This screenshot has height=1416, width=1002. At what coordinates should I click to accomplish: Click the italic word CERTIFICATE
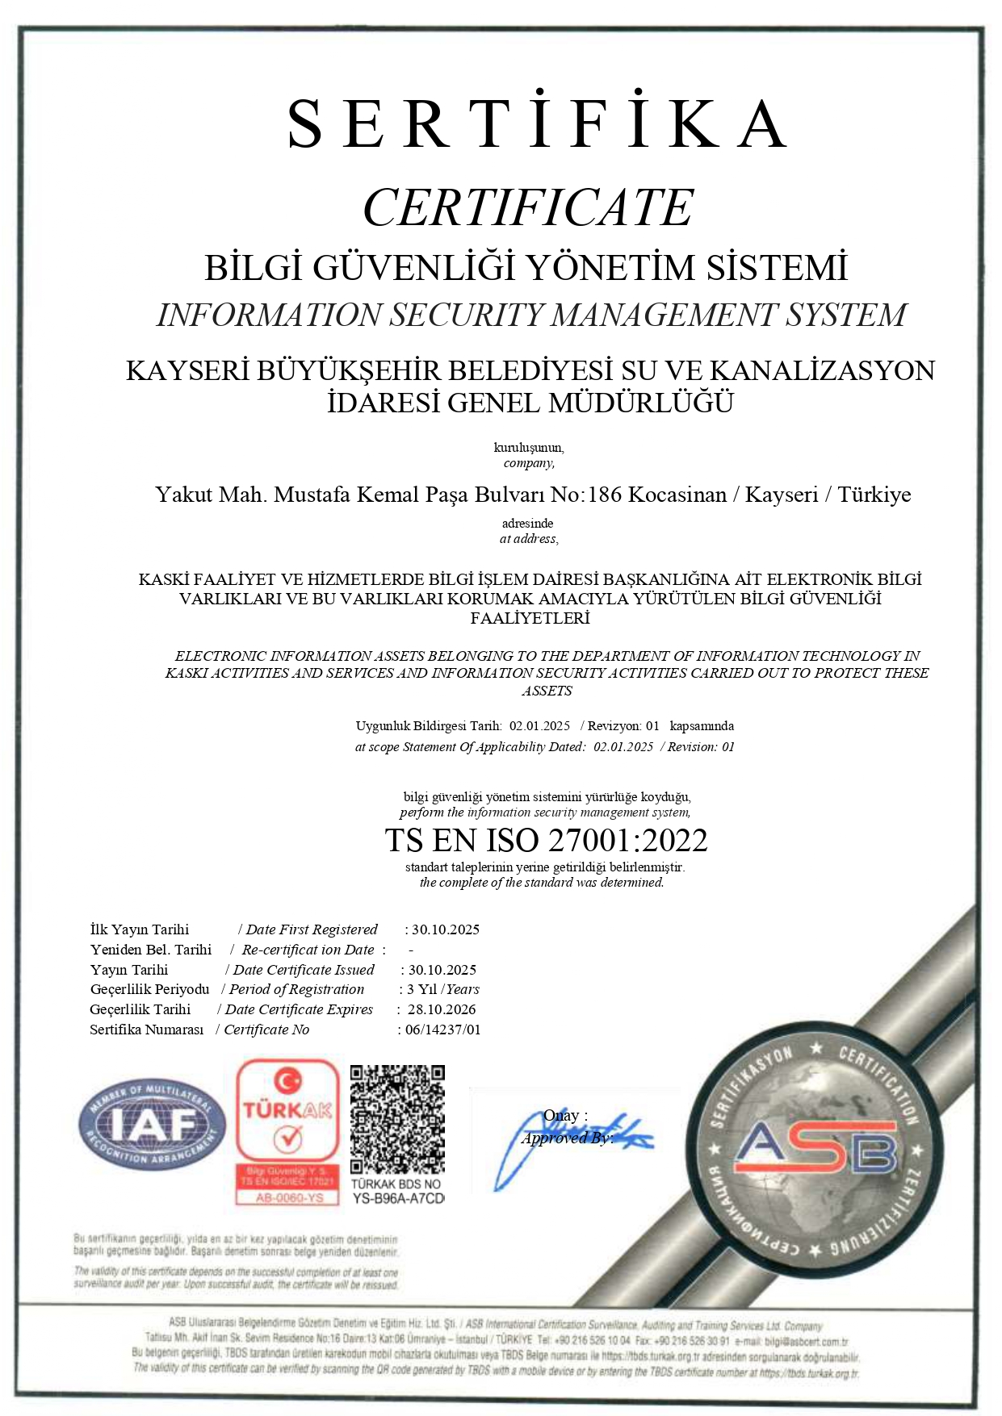pos(528,207)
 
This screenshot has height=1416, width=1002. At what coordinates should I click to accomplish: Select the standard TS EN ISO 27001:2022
pos(546,841)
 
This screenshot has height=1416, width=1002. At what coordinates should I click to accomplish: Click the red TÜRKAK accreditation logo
pos(287,1130)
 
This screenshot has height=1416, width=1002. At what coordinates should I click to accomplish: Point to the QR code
pos(397,1119)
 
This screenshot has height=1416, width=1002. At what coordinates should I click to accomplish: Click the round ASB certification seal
pos(814,1151)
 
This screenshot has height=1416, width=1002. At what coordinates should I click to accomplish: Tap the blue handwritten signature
pos(565,1138)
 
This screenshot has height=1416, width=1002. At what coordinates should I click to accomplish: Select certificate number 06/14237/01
pos(443,1030)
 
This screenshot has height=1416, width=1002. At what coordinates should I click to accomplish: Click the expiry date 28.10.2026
pos(442,1009)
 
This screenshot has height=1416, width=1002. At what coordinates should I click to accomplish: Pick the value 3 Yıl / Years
pos(443,989)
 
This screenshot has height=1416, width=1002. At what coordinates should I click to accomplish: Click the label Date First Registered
pos(312,929)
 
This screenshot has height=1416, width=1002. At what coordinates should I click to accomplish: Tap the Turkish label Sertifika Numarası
pos(147,1030)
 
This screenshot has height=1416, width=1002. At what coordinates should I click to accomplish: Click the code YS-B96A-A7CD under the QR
pos(398,1199)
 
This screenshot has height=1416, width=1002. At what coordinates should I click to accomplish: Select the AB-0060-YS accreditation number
pos(289,1198)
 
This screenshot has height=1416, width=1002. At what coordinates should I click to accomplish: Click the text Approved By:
pos(567,1138)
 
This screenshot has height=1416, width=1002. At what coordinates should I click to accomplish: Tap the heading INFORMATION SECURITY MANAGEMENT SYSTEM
pos(531,315)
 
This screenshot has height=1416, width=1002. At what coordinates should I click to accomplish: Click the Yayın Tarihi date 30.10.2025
pos(442,970)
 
